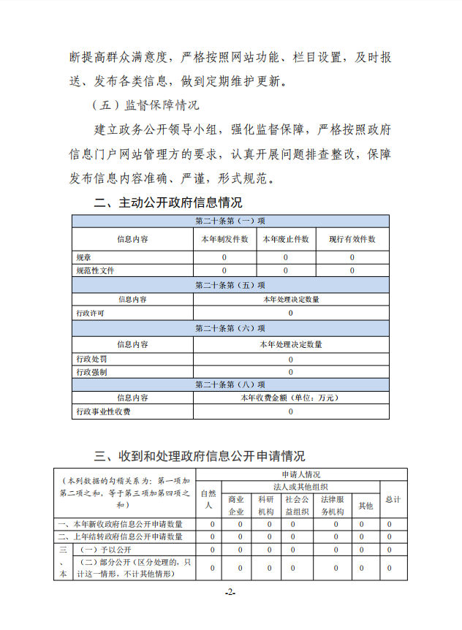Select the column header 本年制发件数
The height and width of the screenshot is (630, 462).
click(x=224, y=239)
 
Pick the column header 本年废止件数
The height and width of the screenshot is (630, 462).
click(x=285, y=239)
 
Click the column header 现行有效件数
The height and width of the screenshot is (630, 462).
click(x=352, y=239)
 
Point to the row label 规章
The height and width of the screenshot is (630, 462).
click(x=85, y=257)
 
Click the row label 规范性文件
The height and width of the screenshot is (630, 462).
click(x=95, y=270)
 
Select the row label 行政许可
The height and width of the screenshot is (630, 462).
click(x=90, y=313)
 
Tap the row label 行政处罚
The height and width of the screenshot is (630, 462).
click(x=91, y=359)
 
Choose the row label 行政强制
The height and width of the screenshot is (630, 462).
click(x=91, y=371)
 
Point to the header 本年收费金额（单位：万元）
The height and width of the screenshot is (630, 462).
click(x=290, y=398)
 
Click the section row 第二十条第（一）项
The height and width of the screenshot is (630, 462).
click(x=230, y=221)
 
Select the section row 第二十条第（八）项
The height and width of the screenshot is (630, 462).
click(x=230, y=384)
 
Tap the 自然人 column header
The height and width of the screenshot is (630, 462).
click(x=208, y=499)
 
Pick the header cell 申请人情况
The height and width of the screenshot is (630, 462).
click(x=300, y=474)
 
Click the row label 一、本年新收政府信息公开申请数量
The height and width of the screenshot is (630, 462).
click(x=121, y=524)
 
